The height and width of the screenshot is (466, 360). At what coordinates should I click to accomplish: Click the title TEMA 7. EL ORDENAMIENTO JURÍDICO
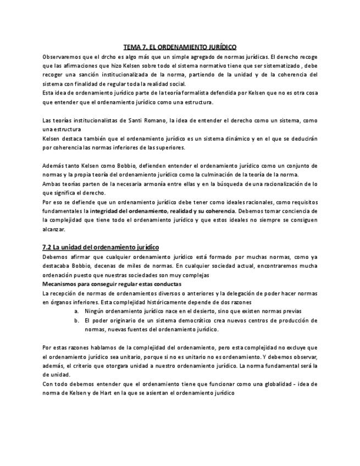pyautogui.click(x=180, y=48)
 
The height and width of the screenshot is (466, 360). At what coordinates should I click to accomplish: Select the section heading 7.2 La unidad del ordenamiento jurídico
pyautogui.click(x=101, y=247)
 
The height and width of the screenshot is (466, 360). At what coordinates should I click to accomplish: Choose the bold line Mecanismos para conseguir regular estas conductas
pyautogui.click(x=112, y=284)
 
